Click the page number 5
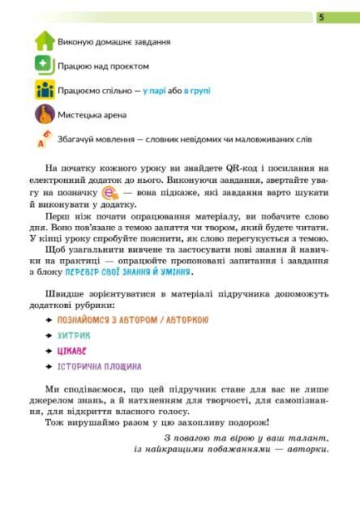tap(320, 16)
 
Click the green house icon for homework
tap(44, 41)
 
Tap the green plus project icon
tap(44, 65)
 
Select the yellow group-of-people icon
tap(44, 90)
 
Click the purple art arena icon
tap(44, 114)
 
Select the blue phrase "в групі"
tap(200, 91)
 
